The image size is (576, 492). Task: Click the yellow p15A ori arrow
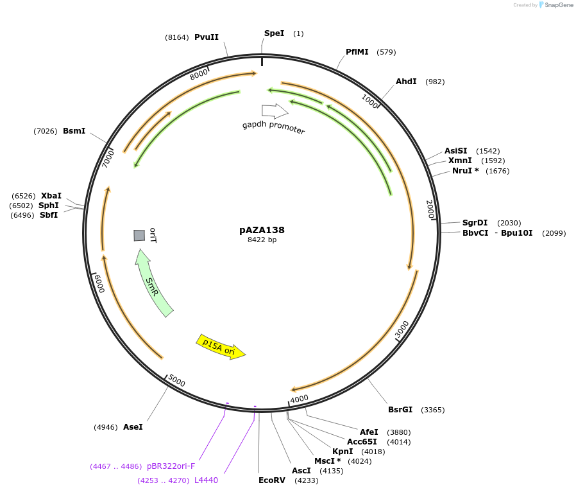click(x=221, y=347)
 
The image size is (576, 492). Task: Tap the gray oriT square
click(x=139, y=235)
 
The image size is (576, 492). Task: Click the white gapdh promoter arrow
click(x=275, y=110)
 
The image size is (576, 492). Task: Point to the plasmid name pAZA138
click(x=262, y=230)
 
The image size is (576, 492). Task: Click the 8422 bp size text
click(x=262, y=240)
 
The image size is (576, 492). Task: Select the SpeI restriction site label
click(x=274, y=33)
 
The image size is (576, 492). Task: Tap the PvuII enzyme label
click(x=207, y=37)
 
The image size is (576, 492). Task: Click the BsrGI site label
click(x=400, y=410)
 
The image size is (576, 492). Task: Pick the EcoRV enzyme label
click(x=272, y=480)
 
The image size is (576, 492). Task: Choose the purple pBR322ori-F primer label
click(x=171, y=466)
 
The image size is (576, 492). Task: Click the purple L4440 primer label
click(x=206, y=480)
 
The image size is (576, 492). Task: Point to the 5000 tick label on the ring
click(x=176, y=381)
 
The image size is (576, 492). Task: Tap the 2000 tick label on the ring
click(x=430, y=209)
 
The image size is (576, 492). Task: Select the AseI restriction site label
click(x=133, y=427)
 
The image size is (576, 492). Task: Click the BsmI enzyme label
click(x=74, y=131)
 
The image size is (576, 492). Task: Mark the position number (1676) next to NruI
click(x=497, y=171)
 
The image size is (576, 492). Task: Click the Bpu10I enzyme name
click(x=516, y=233)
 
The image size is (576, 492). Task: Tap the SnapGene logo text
click(x=559, y=5)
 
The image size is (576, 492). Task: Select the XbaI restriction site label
click(x=51, y=196)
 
